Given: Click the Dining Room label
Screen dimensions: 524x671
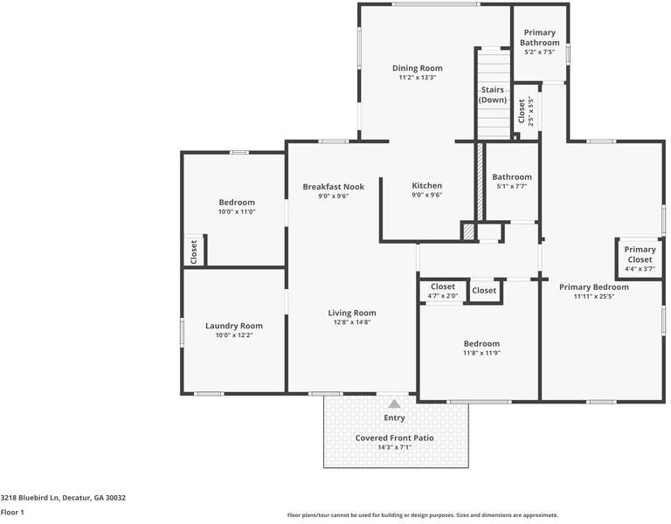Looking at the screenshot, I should (x=417, y=68).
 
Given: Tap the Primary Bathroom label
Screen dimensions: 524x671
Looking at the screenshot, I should (x=539, y=38).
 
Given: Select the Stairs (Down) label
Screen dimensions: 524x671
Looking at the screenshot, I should (x=493, y=94).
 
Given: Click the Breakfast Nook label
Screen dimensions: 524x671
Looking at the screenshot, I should (x=333, y=186).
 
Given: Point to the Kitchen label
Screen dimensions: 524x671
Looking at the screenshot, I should (x=426, y=185).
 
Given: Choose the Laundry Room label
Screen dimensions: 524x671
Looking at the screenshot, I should (x=233, y=326).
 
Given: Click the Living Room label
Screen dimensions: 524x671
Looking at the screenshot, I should (x=352, y=313).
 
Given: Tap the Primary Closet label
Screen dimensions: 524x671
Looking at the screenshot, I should (x=640, y=254).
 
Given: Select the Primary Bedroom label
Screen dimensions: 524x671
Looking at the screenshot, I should (x=593, y=286).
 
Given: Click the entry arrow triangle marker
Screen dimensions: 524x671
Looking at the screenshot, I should (x=394, y=403).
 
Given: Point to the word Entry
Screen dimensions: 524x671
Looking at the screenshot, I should (x=394, y=417).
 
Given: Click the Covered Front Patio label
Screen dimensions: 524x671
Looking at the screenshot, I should (x=394, y=438).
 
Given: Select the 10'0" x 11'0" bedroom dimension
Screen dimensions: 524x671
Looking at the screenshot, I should (x=236, y=211).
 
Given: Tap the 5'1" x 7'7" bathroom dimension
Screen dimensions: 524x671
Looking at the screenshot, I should (x=511, y=186).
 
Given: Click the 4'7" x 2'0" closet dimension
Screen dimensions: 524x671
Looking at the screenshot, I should (x=442, y=296).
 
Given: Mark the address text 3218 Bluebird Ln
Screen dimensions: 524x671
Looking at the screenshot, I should (x=32, y=498).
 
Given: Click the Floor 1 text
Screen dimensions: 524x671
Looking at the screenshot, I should (x=12, y=512).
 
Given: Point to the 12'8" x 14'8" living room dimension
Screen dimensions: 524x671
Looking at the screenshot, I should (x=352, y=322).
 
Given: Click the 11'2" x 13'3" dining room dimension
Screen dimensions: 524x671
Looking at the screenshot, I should (x=417, y=78).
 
